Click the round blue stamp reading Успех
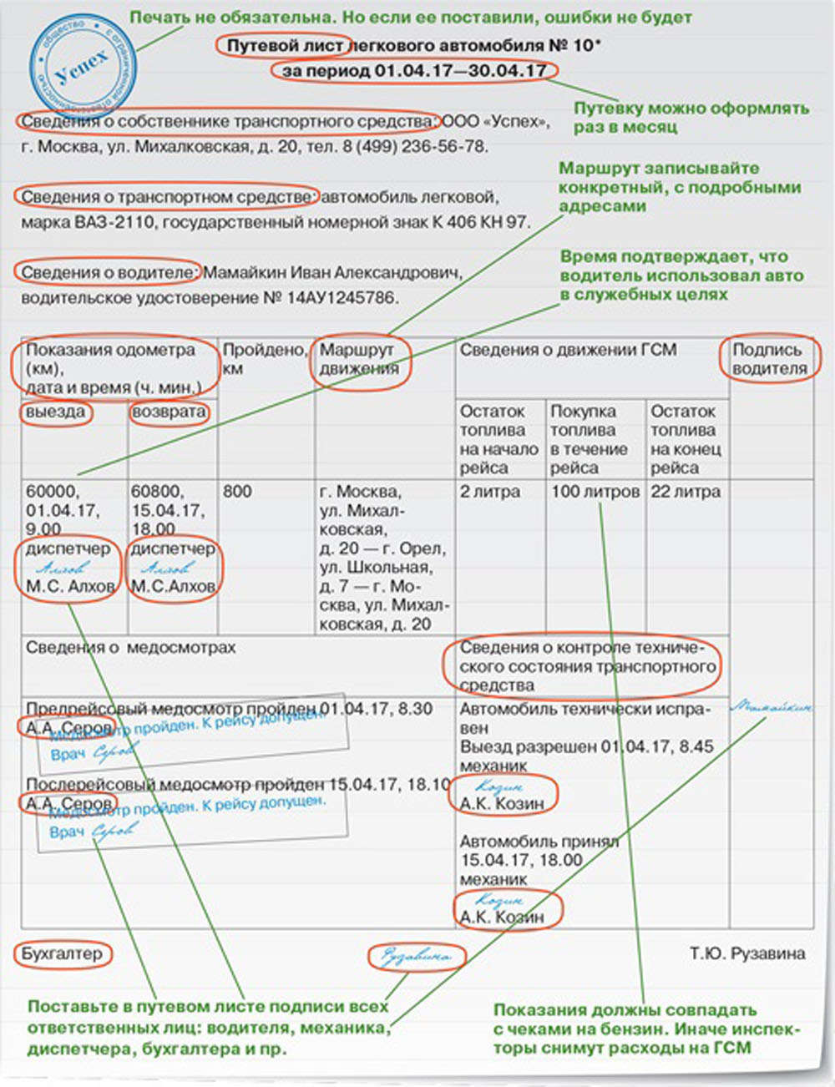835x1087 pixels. pos(82,66)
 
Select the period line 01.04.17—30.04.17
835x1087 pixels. pos(414,71)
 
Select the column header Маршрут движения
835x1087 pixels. pos(360,360)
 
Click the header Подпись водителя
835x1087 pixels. pos(770,359)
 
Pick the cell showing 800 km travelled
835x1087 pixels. pos(237,492)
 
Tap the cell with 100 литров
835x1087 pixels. pos(595,492)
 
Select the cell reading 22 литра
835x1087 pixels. pos(685,492)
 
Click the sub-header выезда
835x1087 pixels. pos(55,412)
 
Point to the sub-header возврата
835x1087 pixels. pos(169,412)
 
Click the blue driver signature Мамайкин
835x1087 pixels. pos(770,707)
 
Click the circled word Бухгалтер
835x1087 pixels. pos(62,953)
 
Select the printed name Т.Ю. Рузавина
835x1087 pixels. pos(747,953)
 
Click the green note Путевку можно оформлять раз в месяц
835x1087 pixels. pos(691,118)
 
